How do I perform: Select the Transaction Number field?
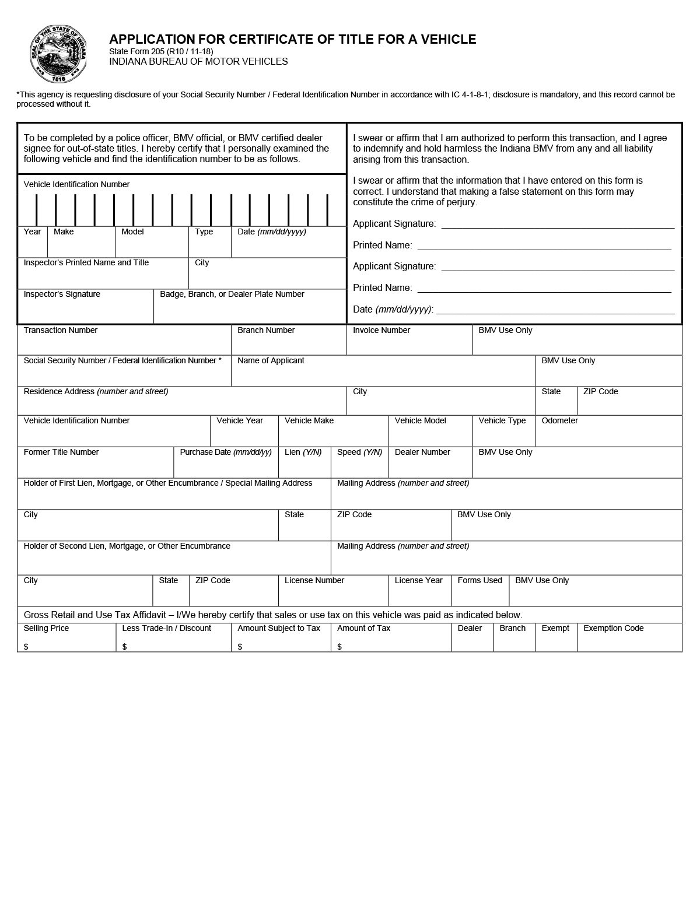tap(124, 344)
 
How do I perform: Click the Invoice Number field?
tap(408, 344)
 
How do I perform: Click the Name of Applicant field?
tap(382, 375)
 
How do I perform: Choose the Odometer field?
tap(608, 435)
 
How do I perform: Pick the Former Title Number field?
tap(95, 466)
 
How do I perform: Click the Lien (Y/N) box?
tap(304, 466)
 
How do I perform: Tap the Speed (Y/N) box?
tap(359, 466)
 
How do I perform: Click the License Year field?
tap(419, 595)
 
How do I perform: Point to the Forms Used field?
tap(480, 595)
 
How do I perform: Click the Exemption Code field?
tap(629, 641)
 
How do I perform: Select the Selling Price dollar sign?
tap(26, 647)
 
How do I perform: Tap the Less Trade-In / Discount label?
tap(166, 628)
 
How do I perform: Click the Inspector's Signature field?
tap(85, 311)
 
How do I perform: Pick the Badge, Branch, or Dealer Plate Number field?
tap(250, 311)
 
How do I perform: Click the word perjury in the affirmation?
tap(460, 202)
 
